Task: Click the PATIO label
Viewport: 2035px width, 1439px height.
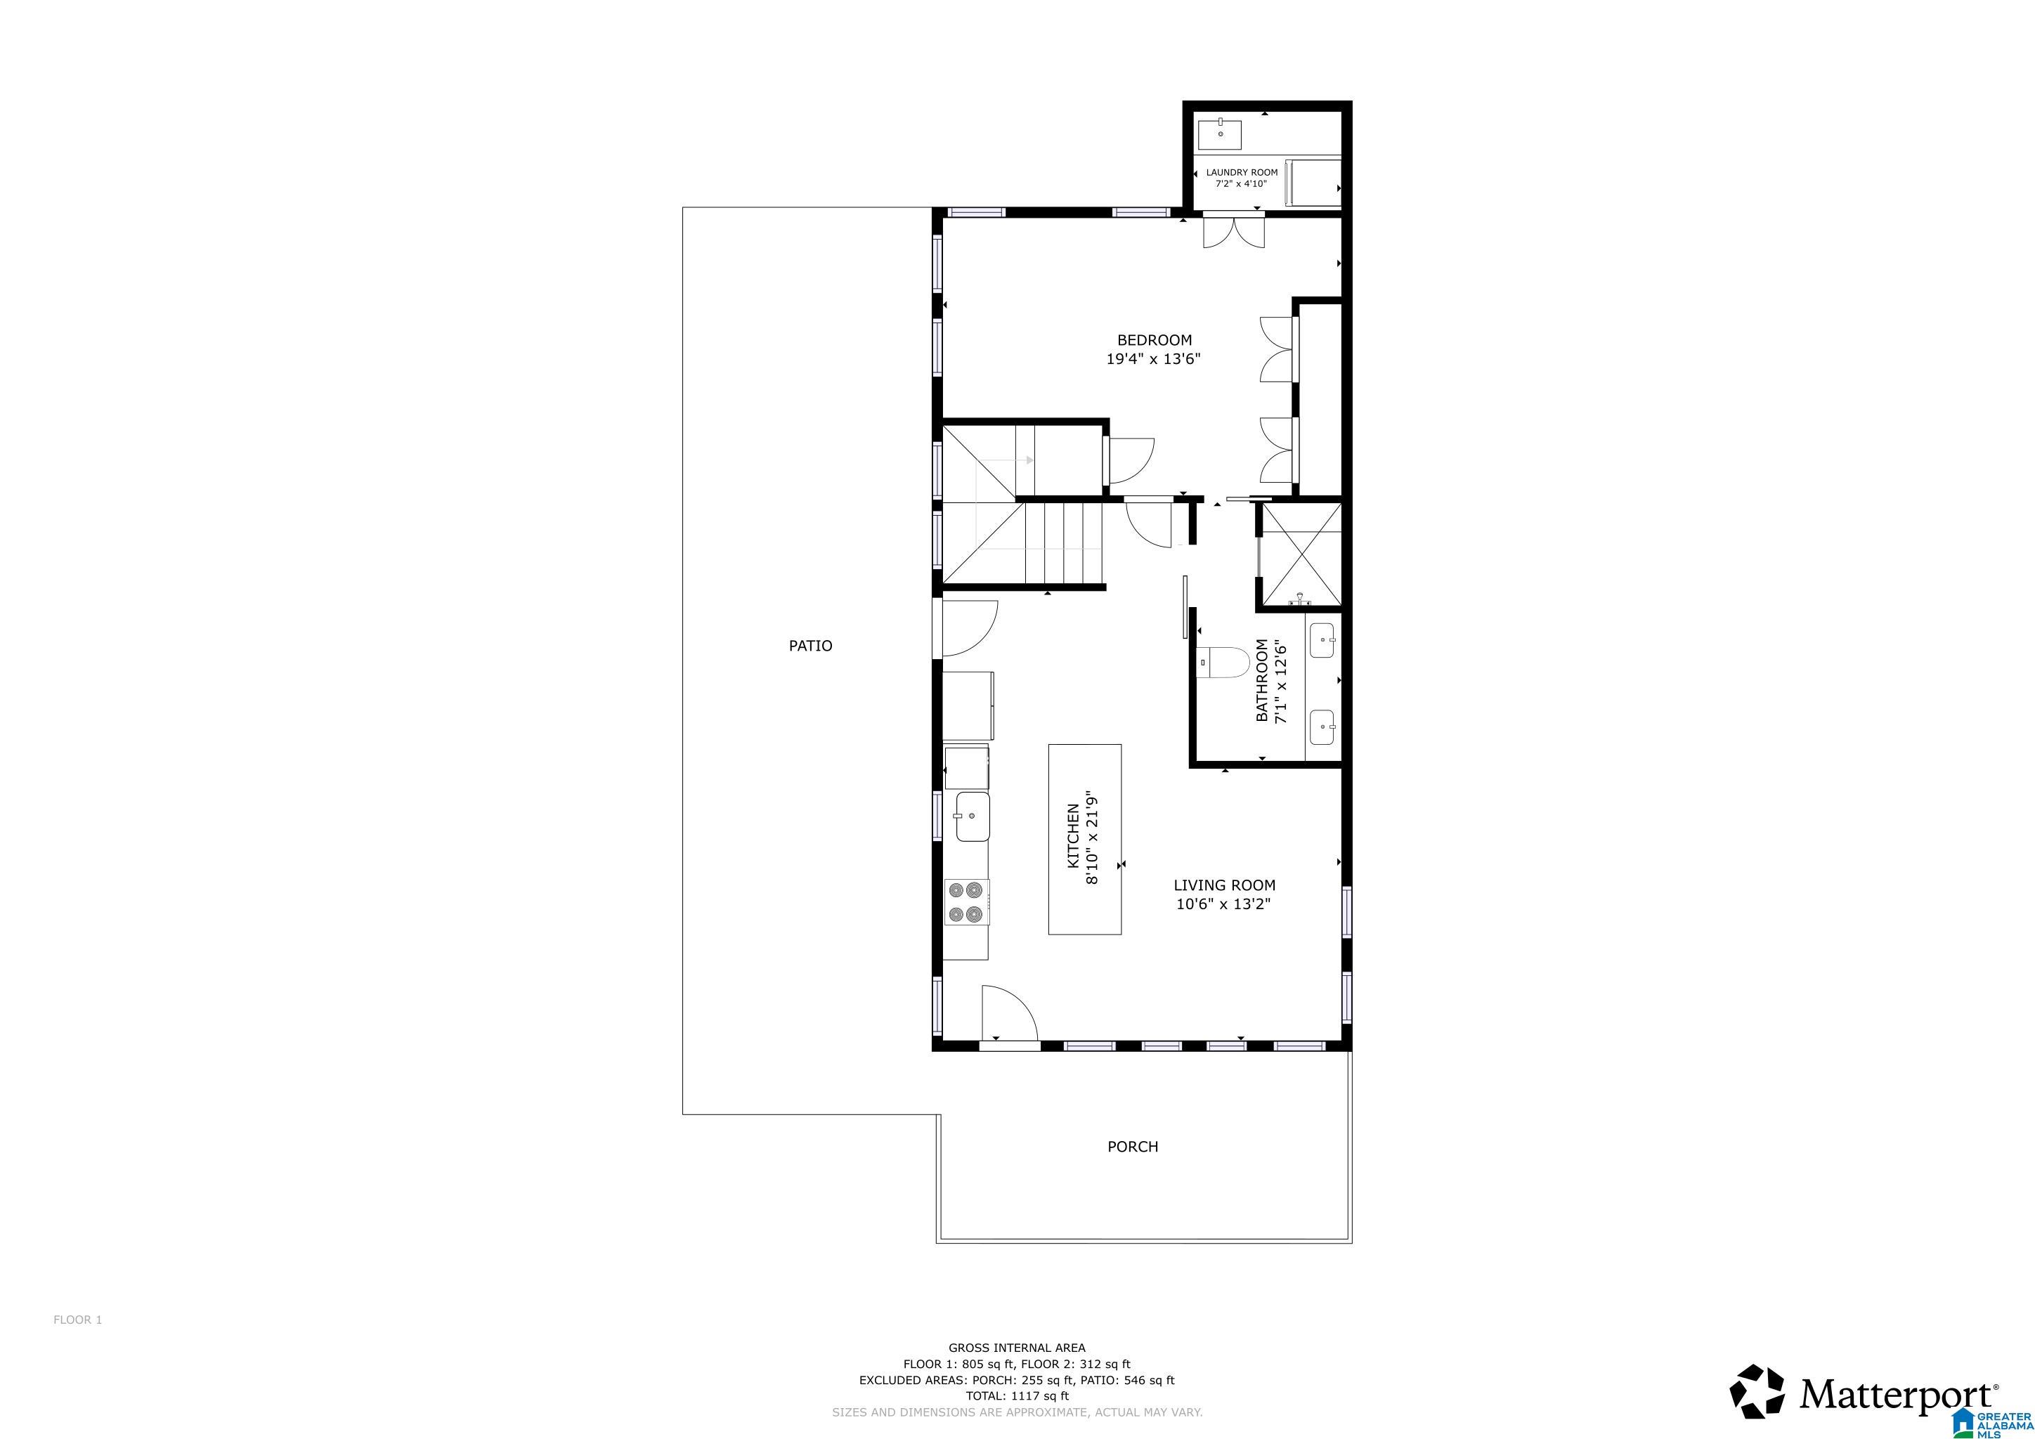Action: pos(810,646)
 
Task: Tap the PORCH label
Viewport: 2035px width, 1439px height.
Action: pos(1132,1147)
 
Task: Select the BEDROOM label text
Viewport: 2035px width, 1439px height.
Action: pos(1154,340)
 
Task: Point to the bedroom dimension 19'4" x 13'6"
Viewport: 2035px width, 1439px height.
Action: pos(1153,360)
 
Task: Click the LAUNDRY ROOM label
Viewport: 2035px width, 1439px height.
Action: pos(1241,173)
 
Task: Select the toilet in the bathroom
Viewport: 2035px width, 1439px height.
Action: pos(1223,662)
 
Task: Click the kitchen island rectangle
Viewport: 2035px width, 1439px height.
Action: pos(1084,839)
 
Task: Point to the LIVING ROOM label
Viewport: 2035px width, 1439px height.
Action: pos(1224,885)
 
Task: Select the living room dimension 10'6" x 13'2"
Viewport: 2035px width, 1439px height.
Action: pos(1223,905)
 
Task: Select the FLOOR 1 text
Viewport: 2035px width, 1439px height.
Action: pos(77,1320)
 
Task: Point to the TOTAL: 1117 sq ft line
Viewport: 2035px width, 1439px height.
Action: pos(1017,1395)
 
